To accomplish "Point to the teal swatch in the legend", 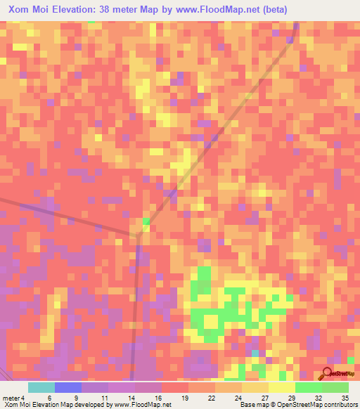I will point(41,387).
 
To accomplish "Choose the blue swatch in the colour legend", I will point(67,387).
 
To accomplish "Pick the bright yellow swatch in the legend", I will point(281,387).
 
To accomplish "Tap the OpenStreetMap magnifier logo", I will point(328,375).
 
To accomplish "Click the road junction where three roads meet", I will point(138,237).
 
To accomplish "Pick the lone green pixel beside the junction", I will point(146,221).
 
